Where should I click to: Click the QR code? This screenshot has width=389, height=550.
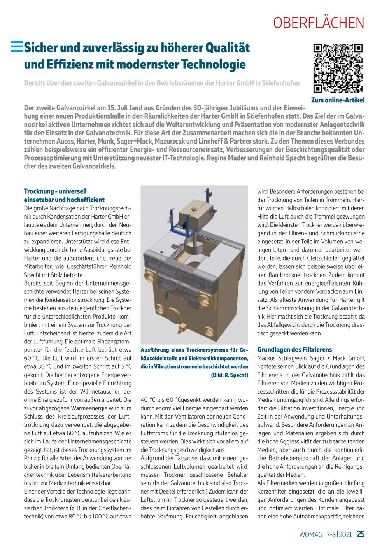pos(338,68)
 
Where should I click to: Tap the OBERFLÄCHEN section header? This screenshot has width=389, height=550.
pos(319,23)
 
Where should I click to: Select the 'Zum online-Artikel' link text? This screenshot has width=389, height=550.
pos(338,100)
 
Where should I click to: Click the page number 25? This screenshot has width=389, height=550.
pos(361,534)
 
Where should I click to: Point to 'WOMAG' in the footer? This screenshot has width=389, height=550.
pos(311,534)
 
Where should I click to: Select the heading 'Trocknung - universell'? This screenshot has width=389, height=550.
pos(55,191)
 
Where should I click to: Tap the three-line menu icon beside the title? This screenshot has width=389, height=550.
pos(17,47)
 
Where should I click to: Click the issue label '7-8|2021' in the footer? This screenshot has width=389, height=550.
pos(339,534)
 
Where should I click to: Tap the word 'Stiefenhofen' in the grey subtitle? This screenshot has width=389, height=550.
pos(281,83)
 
